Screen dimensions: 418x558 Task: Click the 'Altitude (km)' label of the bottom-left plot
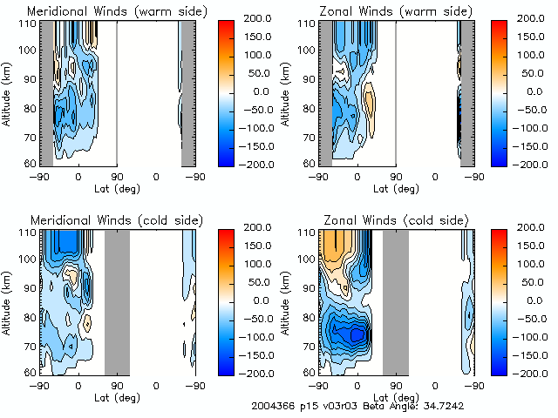[x=7, y=300]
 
